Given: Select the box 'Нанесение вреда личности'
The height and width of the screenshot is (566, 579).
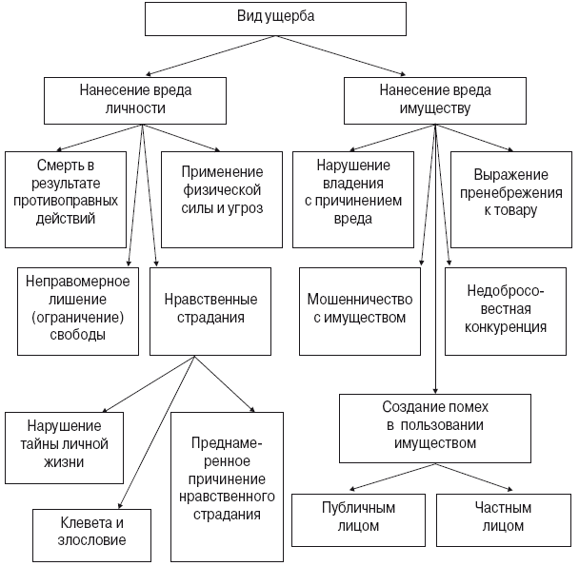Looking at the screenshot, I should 135,98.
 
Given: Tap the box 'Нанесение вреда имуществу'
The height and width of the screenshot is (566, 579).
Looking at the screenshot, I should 434,98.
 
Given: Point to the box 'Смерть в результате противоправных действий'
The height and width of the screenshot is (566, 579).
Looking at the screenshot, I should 65,198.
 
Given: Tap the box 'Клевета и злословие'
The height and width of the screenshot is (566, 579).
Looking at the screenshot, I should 92,533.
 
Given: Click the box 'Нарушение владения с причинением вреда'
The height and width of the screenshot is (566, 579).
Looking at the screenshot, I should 352,198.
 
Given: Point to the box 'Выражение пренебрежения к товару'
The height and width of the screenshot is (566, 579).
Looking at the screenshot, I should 510,198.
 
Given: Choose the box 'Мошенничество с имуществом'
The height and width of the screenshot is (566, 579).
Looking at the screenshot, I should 357,308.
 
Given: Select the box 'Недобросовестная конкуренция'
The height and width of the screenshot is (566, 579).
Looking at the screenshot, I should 507,308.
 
